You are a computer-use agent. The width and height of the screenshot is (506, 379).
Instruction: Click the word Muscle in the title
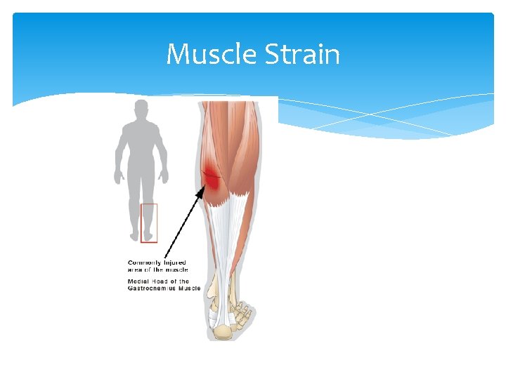212,54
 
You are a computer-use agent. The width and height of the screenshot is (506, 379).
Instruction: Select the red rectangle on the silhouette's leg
149,223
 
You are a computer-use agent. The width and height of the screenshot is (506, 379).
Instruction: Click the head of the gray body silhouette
141,110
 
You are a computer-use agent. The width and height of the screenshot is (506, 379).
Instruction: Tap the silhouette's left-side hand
117,178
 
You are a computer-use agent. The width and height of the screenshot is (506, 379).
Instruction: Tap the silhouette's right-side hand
165,178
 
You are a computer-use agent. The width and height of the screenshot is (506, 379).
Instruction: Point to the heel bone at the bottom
222,332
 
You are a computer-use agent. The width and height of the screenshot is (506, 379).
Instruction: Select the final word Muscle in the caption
191,288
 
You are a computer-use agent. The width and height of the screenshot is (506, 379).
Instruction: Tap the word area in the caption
134,270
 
